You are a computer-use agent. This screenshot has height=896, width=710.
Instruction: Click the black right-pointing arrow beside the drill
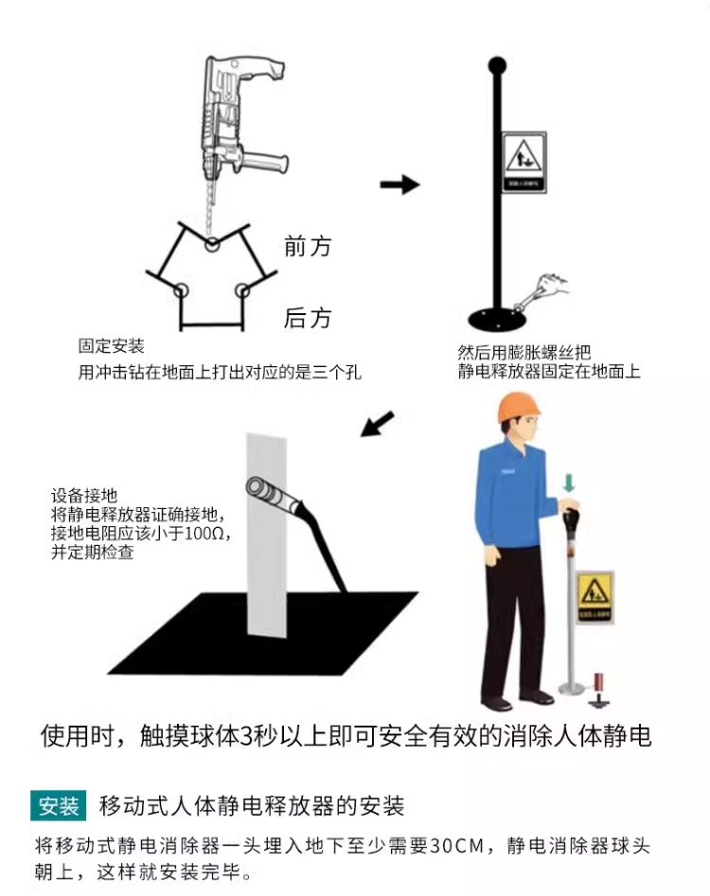399,184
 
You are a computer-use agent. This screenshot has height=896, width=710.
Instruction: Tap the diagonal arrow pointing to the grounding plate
377,423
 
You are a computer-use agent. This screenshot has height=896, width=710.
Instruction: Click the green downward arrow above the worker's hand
568,484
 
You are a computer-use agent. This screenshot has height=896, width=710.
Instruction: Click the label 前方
308,246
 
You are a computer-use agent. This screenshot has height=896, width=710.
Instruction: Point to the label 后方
308,318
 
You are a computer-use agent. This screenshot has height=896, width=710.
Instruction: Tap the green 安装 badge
59,806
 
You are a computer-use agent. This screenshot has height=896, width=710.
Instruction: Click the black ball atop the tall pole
496,66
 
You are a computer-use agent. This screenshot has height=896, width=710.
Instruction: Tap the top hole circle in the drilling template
212,245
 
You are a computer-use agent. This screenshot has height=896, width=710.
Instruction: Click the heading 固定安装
112,347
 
